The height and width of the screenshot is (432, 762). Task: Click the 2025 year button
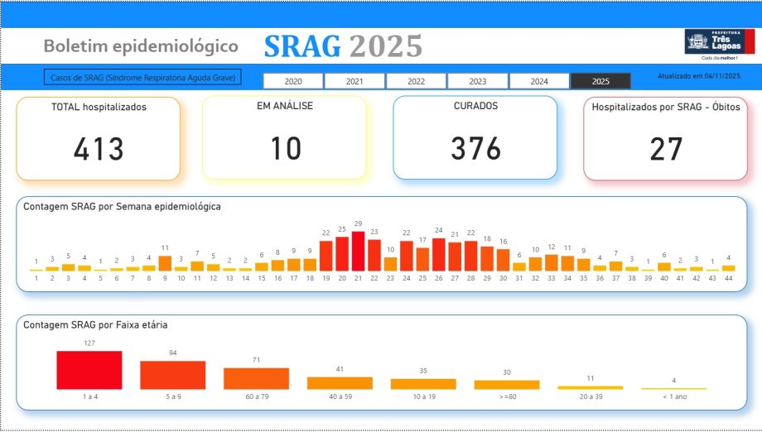(x=600, y=81)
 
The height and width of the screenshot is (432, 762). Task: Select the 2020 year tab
(x=293, y=81)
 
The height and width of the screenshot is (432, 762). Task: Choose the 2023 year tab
(x=478, y=81)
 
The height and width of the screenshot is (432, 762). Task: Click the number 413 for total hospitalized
(x=99, y=149)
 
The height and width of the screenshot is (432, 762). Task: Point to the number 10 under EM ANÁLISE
(x=284, y=149)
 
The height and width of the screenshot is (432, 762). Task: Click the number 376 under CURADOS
(x=475, y=149)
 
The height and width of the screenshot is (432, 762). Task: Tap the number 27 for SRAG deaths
(x=666, y=149)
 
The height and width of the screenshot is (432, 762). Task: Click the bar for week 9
(x=165, y=263)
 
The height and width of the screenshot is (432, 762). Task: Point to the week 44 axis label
(x=728, y=278)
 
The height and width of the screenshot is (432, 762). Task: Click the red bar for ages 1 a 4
(x=89, y=370)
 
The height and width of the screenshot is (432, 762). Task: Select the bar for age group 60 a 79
(x=256, y=378)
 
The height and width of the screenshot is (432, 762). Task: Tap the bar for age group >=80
(x=506, y=385)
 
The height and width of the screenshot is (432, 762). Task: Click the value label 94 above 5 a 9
(x=173, y=353)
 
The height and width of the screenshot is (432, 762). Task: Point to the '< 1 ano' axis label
(x=673, y=396)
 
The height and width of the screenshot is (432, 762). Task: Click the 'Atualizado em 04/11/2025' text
(x=698, y=76)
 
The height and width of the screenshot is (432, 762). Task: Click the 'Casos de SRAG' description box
(x=142, y=78)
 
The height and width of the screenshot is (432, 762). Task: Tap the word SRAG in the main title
(x=302, y=47)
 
